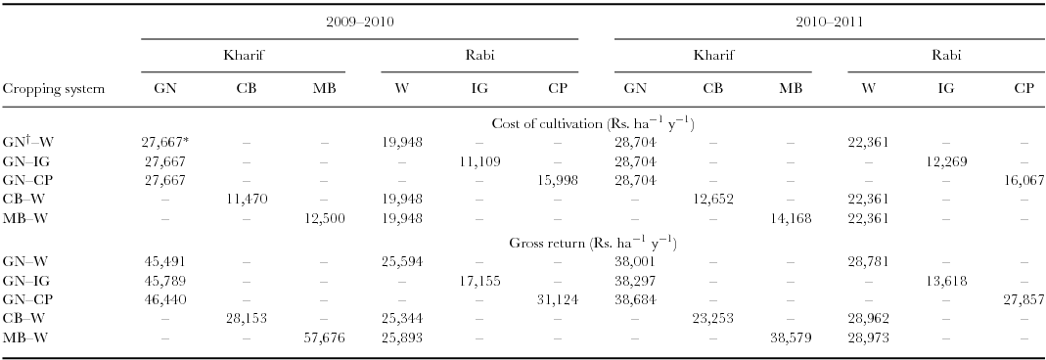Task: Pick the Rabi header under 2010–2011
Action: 945,56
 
